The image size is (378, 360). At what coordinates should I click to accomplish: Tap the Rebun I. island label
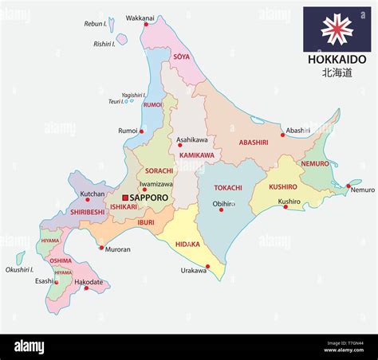point(96,24)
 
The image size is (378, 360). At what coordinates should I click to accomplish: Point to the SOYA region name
point(182,57)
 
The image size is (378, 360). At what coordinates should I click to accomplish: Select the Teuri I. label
point(117,101)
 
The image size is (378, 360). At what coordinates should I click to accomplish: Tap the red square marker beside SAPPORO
point(125,197)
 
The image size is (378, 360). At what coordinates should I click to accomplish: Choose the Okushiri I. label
point(18,270)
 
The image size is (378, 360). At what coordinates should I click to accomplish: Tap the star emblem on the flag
point(337,29)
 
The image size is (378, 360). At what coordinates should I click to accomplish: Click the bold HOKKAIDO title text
point(336,60)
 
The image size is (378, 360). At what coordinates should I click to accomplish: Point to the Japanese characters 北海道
point(335,72)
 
